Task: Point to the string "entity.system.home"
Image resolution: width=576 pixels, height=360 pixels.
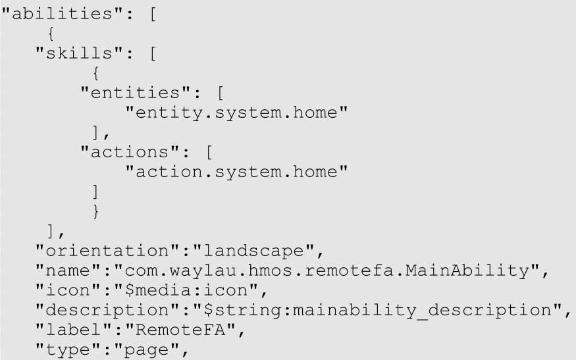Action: click(x=236, y=113)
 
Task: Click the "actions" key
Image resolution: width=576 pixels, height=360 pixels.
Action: click(x=131, y=152)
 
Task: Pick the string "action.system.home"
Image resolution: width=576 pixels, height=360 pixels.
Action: click(x=236, y=172)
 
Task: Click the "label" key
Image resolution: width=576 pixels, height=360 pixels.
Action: click(x=76, y=330)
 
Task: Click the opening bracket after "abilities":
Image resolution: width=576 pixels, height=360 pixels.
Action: click(x=152, y=14)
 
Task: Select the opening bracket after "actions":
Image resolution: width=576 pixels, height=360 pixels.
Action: click(x=209, y=152)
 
